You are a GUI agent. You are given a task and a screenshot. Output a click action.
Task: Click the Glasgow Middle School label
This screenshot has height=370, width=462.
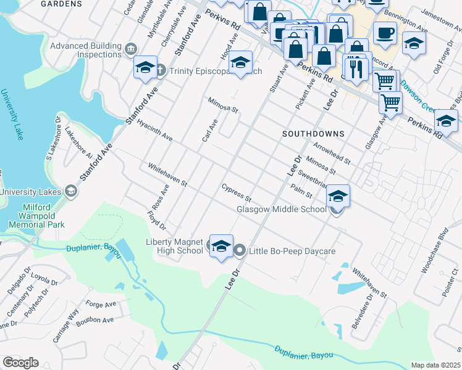click(282, 210)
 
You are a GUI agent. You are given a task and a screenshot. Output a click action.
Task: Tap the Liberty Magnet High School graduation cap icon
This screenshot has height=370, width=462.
click(221, 246)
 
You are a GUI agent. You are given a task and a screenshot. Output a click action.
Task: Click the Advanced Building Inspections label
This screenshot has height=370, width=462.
click(85, 50)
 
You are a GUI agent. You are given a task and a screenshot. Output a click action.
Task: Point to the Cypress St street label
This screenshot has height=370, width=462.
click(237, 192)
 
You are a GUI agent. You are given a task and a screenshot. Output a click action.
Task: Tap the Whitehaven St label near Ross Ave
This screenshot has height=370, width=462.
click(167, 175)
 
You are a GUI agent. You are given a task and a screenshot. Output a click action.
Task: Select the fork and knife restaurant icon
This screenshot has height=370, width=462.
click(355, 68)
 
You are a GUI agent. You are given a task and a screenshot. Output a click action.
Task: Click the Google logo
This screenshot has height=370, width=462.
click(20, 363)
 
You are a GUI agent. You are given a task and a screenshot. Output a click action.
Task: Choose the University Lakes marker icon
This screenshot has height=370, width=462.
click(72, 192)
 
